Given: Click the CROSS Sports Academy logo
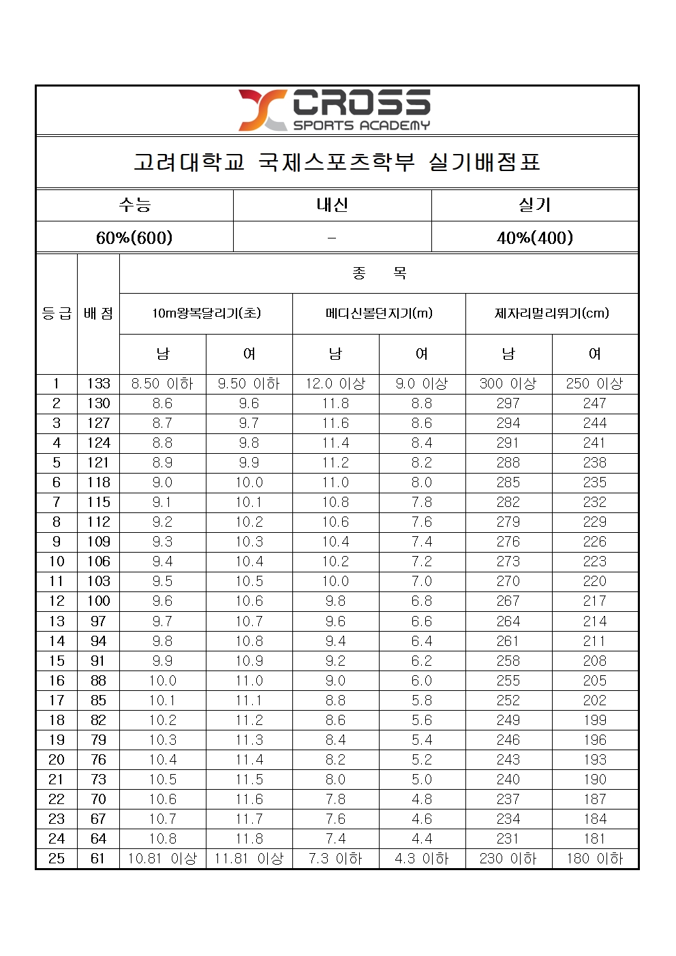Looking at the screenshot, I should pyautogui.click(x=335, y=110).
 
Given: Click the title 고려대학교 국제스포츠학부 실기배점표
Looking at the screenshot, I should pyautogui.click(x=337, y=162).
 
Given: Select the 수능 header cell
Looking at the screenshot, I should pyautogui.click(x=134, y=204).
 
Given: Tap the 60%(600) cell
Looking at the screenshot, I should pyautogui.click(x=134, y=237).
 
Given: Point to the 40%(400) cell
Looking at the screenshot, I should pyautogui.click(x=535, y=237).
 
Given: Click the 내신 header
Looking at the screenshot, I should pyautogui.click(x=332, y=204).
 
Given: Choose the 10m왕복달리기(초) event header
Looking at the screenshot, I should pyautogui.click(x=206, y=313).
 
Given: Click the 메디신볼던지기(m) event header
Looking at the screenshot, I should pyautogui.click(x=379, y=313).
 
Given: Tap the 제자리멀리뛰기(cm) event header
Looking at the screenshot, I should pyautogui.click(x=552, y=313).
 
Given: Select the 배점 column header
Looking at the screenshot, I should pyautogui.click(x=98, y=313).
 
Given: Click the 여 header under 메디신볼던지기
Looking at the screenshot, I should pyautogui.click(x=422, y=354).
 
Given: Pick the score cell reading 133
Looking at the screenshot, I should pyautogui.click(x=98, y=384).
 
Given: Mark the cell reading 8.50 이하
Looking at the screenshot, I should pyautogui.click(x=162, y=384).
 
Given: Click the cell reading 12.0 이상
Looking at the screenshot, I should pyautogui.click(x=335, y=384).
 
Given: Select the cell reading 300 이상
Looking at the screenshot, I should pyautogui.click(x=508, y=384).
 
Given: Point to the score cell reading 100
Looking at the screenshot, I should pyautogui.click(x=98, y=601).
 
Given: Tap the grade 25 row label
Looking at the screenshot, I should pyautogui.click(x=57, y=859).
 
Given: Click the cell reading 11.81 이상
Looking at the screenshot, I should pyautogui.click(x=249, y=859).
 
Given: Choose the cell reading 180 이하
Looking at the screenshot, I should pyautogui.click(x=595, y=859).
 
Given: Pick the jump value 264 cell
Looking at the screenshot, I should pyautogui.click(x=508, y=621).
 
